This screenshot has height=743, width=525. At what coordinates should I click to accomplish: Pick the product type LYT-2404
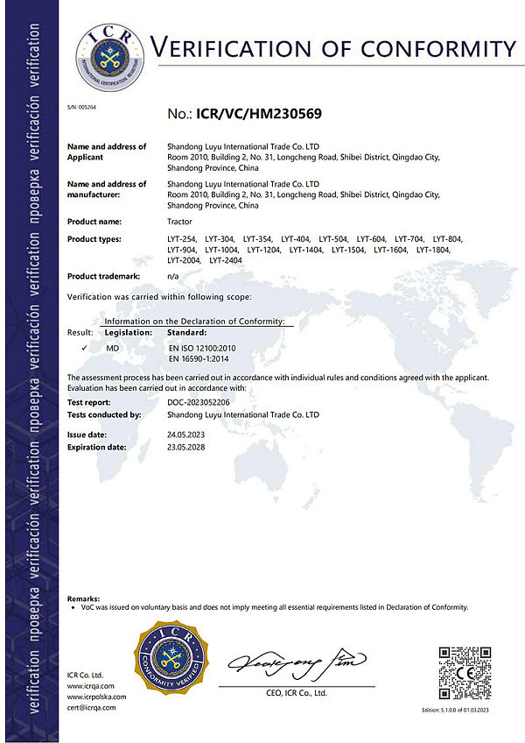click(226, 260)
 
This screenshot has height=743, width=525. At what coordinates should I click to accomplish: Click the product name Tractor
click(180, 221)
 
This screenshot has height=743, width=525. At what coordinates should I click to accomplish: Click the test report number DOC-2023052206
click(199, 402)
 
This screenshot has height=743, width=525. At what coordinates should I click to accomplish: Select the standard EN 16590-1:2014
click(198, 358)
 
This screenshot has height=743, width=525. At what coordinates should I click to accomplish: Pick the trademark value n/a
click(172, 276)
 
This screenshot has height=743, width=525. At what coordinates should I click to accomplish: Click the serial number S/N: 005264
click(81, 106)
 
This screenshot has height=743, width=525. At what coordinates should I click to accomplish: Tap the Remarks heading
click(83, 597)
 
